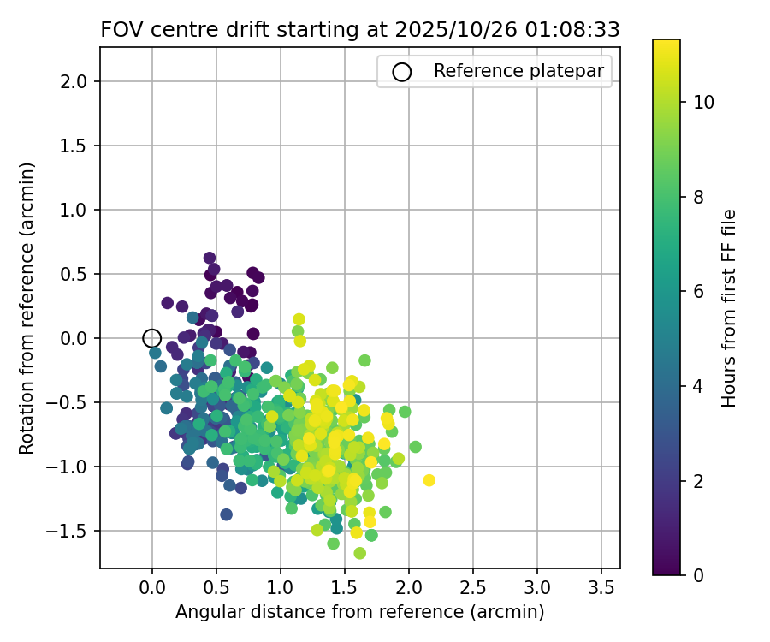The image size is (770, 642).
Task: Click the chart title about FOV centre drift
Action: click(x=359, y=29)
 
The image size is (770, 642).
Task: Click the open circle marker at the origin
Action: click(x=152, y=338)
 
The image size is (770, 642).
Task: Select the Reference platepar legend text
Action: click(x=519, y=71)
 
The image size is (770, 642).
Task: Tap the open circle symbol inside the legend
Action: click(x=401, y=72)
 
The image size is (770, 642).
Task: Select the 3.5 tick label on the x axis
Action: click(x=601, y=588)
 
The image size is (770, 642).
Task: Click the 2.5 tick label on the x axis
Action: click(x=473, y=588)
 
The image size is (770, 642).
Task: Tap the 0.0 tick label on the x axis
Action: click(x=152, y=588)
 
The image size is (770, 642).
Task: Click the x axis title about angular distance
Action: click(x=359, y=612)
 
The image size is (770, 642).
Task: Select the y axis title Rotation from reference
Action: click(x=27, y=308)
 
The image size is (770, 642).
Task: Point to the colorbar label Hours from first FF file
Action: click(x=729, y=308)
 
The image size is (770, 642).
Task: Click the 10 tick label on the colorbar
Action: click(x=703, y=102)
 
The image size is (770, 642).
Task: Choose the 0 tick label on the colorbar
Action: click(x=698, y=575)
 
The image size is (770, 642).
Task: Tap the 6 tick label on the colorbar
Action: click(x=698, y=292)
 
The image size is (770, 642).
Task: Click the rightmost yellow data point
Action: click(x=429, y=480)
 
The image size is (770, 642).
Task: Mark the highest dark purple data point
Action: click(x=210, y=258)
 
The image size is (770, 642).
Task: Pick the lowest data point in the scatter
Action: click(x=360, y=553)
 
